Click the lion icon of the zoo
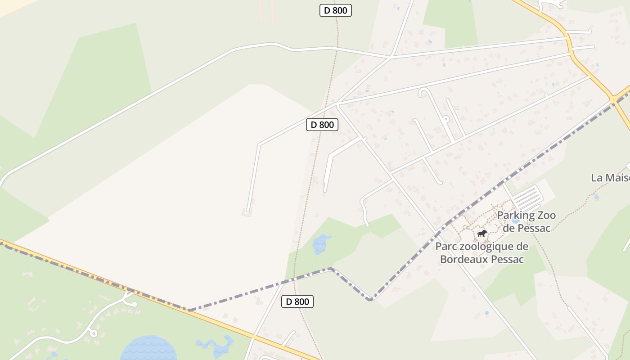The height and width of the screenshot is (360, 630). (482, 233)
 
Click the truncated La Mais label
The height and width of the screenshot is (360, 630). (610, 178)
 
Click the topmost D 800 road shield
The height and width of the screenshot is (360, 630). (335, 10)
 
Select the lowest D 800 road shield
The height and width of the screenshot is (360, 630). (297, 301)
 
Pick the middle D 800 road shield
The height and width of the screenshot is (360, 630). (322, 125)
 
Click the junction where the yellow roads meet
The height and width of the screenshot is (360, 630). (613, 99)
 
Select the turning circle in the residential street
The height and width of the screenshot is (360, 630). (445, 119)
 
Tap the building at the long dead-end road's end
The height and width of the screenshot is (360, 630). (247, 211)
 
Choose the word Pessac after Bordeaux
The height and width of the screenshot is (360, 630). (508, 259)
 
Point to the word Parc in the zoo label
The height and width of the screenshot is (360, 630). (445, 247)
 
